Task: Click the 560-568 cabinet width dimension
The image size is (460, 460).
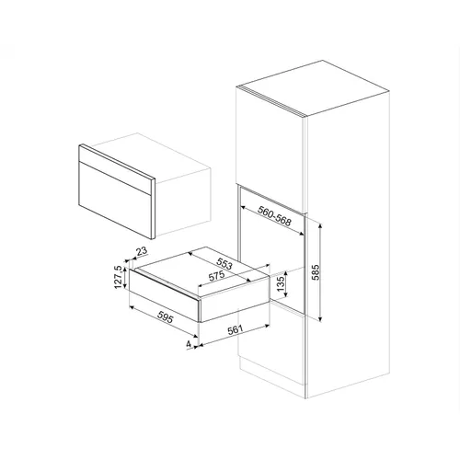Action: (274, 216)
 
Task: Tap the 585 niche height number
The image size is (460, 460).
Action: (316, 272)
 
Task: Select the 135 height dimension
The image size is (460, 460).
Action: (281, 284)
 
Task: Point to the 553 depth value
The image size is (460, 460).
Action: (224, 264)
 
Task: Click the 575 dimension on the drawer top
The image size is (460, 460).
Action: (216, 276)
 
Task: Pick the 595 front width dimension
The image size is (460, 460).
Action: (166, 316)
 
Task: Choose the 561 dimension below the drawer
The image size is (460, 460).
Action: (236, 330)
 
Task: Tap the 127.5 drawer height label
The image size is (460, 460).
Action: (118, 277)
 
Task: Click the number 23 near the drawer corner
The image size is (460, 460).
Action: (142, 251)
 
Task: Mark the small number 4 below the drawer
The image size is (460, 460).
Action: (189, 344)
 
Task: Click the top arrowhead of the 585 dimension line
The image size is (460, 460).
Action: (320, 226)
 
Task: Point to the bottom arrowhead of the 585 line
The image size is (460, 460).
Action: (320, 319)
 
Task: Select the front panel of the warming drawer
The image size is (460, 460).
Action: (165, 295)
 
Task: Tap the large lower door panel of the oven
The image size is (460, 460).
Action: (115, 200)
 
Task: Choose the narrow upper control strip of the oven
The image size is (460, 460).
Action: (115, 169)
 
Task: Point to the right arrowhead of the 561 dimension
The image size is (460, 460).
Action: (267, 326)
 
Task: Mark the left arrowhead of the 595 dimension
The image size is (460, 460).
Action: (132, 307)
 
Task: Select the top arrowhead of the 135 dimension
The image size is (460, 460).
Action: (286, 273)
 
